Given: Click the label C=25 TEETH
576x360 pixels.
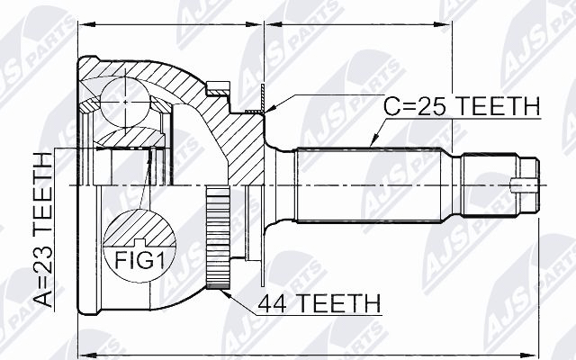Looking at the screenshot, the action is (x=462, y=106).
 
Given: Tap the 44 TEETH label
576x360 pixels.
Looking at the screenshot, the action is (x=319, y=303).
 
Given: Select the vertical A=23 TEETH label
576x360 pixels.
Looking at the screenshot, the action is (x=44, y=229).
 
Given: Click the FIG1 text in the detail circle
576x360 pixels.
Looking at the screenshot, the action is (x=139, y=260).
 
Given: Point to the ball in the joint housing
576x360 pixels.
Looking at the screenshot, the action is (x=125, y=102).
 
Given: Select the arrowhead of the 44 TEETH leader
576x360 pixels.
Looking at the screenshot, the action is (x=225, y=292).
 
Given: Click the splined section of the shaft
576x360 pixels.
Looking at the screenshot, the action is (x=369, y=184).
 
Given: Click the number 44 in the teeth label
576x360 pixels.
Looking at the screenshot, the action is (x=272, y=304).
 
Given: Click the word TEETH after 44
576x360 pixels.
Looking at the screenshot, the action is (x=339, y=304).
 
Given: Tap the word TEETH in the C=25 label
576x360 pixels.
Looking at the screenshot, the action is (x=499, y=106).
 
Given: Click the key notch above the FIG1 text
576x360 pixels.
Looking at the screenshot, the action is (x=139, y=242).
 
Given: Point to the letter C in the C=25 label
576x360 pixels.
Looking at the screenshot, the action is (x=391, y=106).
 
